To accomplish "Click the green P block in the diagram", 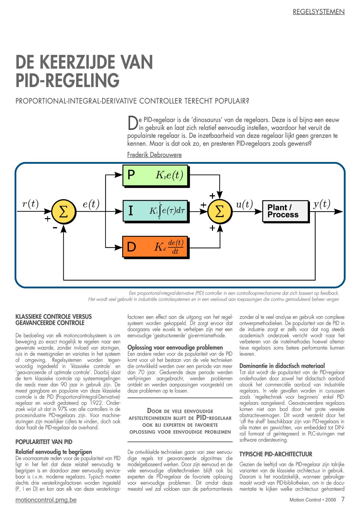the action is [156, 175].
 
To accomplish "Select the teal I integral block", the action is [156, 211].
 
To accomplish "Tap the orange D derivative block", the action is [156, 247].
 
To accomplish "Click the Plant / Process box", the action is [285, 211].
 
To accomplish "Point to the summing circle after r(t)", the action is [64, 212].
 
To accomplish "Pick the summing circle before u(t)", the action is [220, 212].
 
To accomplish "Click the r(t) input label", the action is [31, 203].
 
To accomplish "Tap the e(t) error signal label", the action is [91, 204].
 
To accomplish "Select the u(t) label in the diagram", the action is [245, 204].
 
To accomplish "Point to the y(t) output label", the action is [322, 204].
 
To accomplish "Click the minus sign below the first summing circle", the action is [55, 227].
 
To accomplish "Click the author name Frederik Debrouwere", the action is [154, 155].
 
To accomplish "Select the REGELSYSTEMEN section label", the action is [318, 12].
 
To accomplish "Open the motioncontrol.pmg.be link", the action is [46, 500].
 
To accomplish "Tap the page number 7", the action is [343, 499].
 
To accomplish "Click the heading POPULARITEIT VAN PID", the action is [44, 442].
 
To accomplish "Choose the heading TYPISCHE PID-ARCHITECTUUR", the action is [276, 454].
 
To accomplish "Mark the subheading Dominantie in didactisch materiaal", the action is [282, 366].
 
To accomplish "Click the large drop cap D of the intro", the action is [133, 123].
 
